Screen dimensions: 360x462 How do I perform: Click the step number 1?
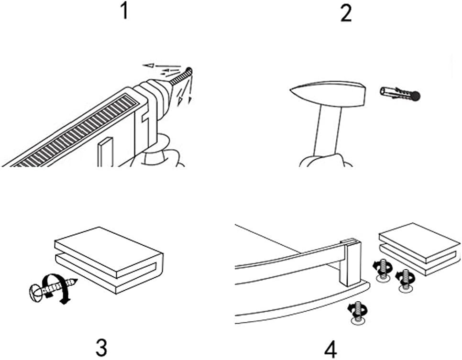click(x=124, y=11)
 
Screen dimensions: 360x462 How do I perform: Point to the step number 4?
click(x=330, y=349)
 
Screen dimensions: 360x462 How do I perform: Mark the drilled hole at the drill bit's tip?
click(x=190, y=70)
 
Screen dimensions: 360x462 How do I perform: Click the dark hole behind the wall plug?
click(x=417, y=95)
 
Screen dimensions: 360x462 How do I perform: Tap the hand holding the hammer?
click(x=325, y=161)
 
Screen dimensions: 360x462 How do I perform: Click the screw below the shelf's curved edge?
click(x=356, y=313)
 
